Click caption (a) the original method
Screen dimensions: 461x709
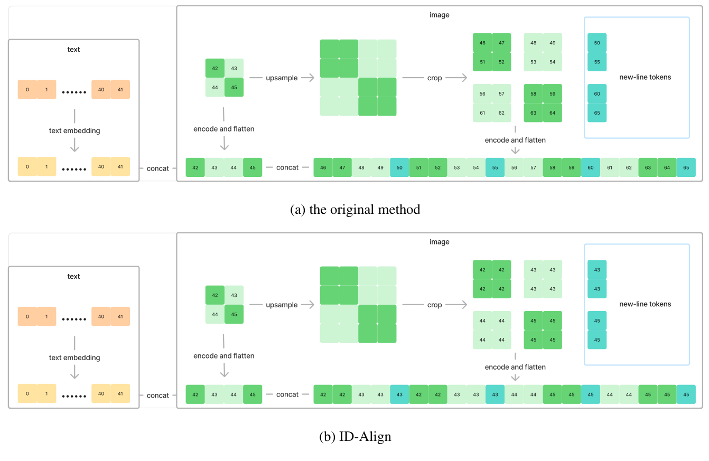[x=355, y=210]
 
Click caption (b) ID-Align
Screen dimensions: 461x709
[x=355, y=437]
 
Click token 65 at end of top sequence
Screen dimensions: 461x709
[x=686, y=167]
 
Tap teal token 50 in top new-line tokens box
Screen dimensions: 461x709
[x=597, y=43]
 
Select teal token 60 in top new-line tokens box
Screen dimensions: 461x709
[x=597, y=93]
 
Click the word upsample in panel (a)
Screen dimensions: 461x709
[x=282, y=78]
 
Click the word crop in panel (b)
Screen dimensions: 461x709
[x=434, y=305]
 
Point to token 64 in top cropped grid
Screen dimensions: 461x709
[x=552, y=112]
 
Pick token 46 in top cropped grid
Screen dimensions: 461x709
[x=482, y=43]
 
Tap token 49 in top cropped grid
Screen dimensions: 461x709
[x=552, y=43]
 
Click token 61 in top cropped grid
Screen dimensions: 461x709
[x=482, y=112]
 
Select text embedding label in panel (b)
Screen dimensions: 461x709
[x=74, y=357]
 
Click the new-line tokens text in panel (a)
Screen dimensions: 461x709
[x=645, y=77]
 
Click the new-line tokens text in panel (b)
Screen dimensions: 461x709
[x=645, y=304]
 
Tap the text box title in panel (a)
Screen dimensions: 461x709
[x=74, y=50]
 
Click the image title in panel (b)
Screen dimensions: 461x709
[x=440, y=242]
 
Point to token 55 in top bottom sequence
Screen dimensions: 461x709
[x=495, y=167]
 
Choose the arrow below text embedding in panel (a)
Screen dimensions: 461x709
[x=74, y=145]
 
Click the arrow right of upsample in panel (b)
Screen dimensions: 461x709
[x=307, y=305]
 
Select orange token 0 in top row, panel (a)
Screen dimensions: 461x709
[x=27, y=90]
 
